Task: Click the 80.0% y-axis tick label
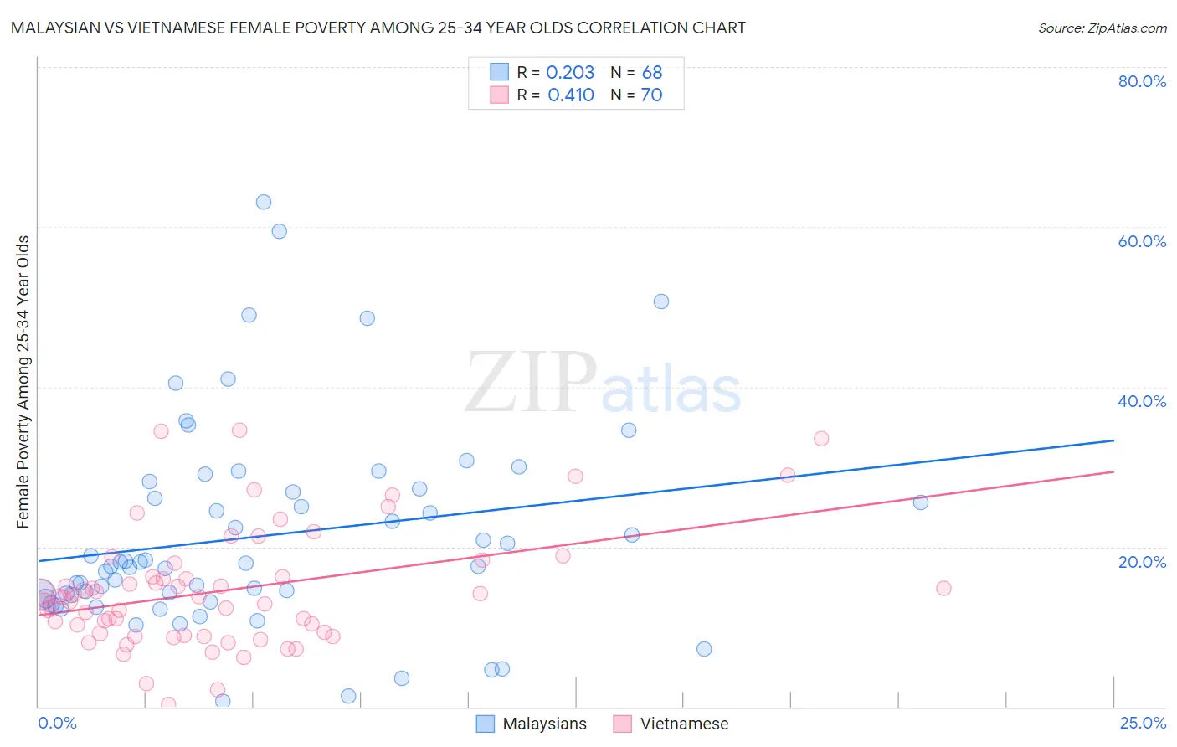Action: point(1141,81)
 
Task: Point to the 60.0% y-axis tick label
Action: point(1141,241)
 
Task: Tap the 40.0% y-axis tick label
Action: point(1141,401)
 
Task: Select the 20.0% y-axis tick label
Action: point(1141,561)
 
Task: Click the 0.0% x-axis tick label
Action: point(57,723)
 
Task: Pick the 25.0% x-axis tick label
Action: point(1142,723)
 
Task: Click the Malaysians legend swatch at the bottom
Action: point(485,724)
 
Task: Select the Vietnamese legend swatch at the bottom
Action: point(622,724)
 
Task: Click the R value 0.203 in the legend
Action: point(570,73)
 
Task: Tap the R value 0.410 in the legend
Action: point(571,95)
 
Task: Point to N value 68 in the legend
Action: point(652,73)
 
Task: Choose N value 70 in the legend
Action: point(651,95)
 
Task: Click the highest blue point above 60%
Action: point(264,202)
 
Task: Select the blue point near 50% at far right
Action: point(661,301)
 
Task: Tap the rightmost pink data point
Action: point(943,588)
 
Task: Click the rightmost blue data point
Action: point(921,502)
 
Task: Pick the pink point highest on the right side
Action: point(821,439)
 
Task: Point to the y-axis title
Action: point(23,382)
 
